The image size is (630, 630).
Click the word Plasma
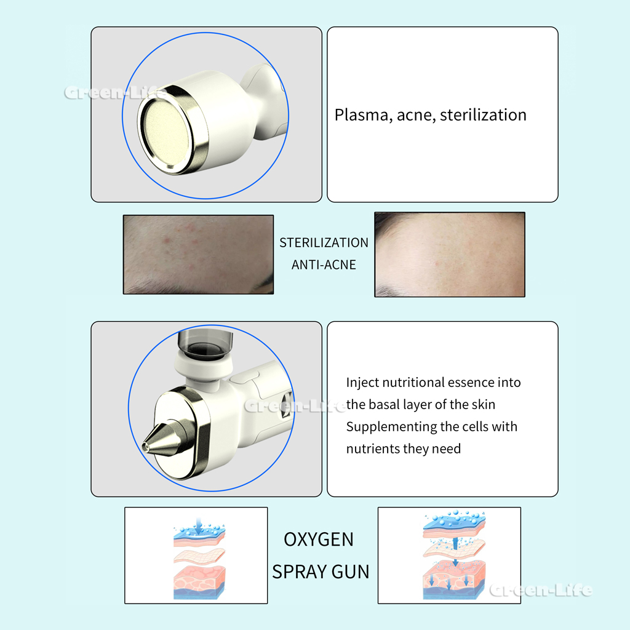click(x=362, y=115)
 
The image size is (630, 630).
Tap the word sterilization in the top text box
click(x=483, y=115)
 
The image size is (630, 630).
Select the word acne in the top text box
click(x=416, y=116)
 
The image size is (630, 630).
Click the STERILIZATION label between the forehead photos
click(x=324, y=242)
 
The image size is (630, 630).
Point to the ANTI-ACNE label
click(x=324, y=265)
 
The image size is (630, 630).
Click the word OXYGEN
click(x=319, y=540)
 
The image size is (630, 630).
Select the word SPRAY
click(x=299, y=572)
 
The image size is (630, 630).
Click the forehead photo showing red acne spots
click(x=199, y=254)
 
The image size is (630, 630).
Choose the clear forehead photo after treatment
click(x=450, y=255)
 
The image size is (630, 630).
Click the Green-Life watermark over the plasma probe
click(x=116, y=94)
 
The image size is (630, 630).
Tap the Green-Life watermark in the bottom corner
click(x=541, y=590)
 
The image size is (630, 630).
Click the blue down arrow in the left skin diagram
click(x=199, y=525)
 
